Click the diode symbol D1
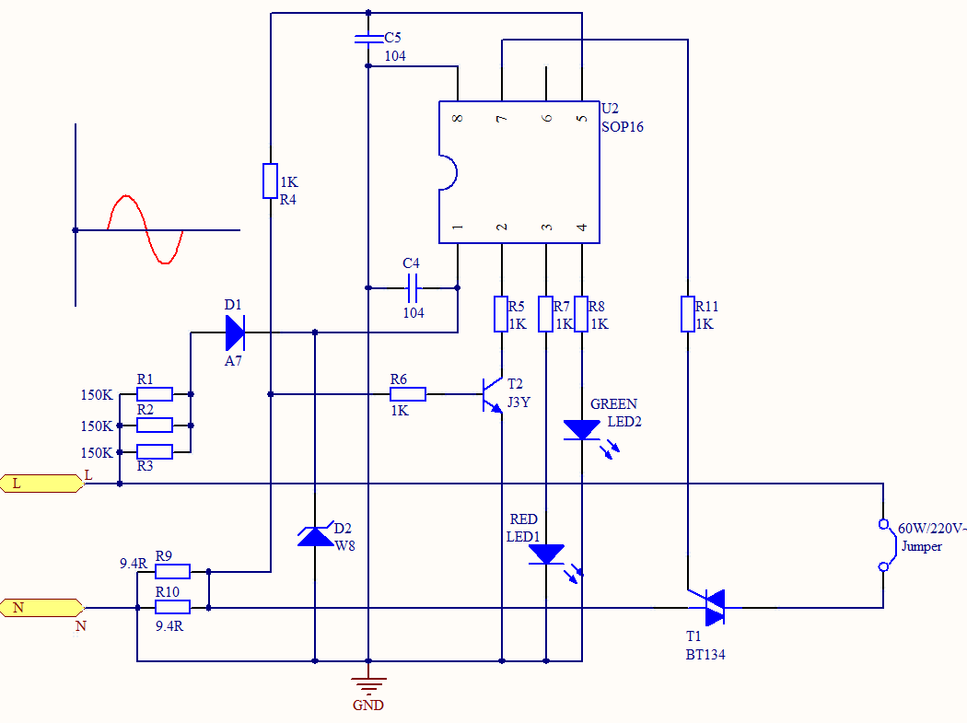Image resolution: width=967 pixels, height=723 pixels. pos(234,332)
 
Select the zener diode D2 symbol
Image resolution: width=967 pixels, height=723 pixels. pos(316,535)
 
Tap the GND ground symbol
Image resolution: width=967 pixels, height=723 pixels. pos(368,686)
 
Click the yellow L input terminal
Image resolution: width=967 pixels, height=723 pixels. pos(41,483)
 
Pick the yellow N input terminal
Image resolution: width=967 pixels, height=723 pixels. pos(41,607)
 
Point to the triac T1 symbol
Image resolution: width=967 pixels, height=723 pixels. pos(712,607)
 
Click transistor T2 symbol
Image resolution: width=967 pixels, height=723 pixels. pos(492,394)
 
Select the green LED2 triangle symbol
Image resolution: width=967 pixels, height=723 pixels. pos(582,429)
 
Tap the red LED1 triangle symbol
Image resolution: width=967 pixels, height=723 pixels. pos(546,554)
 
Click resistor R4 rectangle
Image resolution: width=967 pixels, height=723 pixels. pos(270,181)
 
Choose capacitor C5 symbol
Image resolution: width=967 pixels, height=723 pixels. pos(368,39)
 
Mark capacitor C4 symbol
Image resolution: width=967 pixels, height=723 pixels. pos(413,287)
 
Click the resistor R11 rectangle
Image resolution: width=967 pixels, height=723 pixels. pos(687,313)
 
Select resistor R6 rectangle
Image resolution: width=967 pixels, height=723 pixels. pos(408,394)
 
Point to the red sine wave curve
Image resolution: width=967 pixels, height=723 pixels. pos(146,229)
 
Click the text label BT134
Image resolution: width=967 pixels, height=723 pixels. pos(706,655)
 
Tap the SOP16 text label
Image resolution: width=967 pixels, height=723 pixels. pos(623,127)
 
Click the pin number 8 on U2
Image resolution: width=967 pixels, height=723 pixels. pos(458,119)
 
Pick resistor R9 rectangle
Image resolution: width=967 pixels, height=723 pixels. pos(172,571)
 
